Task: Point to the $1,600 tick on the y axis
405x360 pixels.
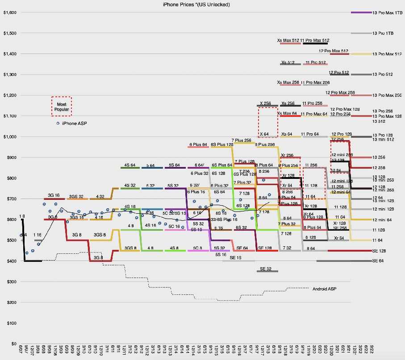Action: tap(9, 12)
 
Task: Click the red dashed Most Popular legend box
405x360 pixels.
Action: tap(61, 106)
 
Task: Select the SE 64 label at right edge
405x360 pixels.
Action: tap(378, 261)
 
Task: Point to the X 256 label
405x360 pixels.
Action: tap(265, 103)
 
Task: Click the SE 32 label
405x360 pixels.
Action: tap(266, 269)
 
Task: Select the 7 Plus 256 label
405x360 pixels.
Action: tap(242, 141)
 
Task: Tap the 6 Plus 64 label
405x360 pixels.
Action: tap(198, 145)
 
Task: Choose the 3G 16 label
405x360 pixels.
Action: tap(54, 195)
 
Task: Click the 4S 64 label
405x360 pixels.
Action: tap(130, 165)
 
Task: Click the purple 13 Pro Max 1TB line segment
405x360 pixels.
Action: tap(361, 12)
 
